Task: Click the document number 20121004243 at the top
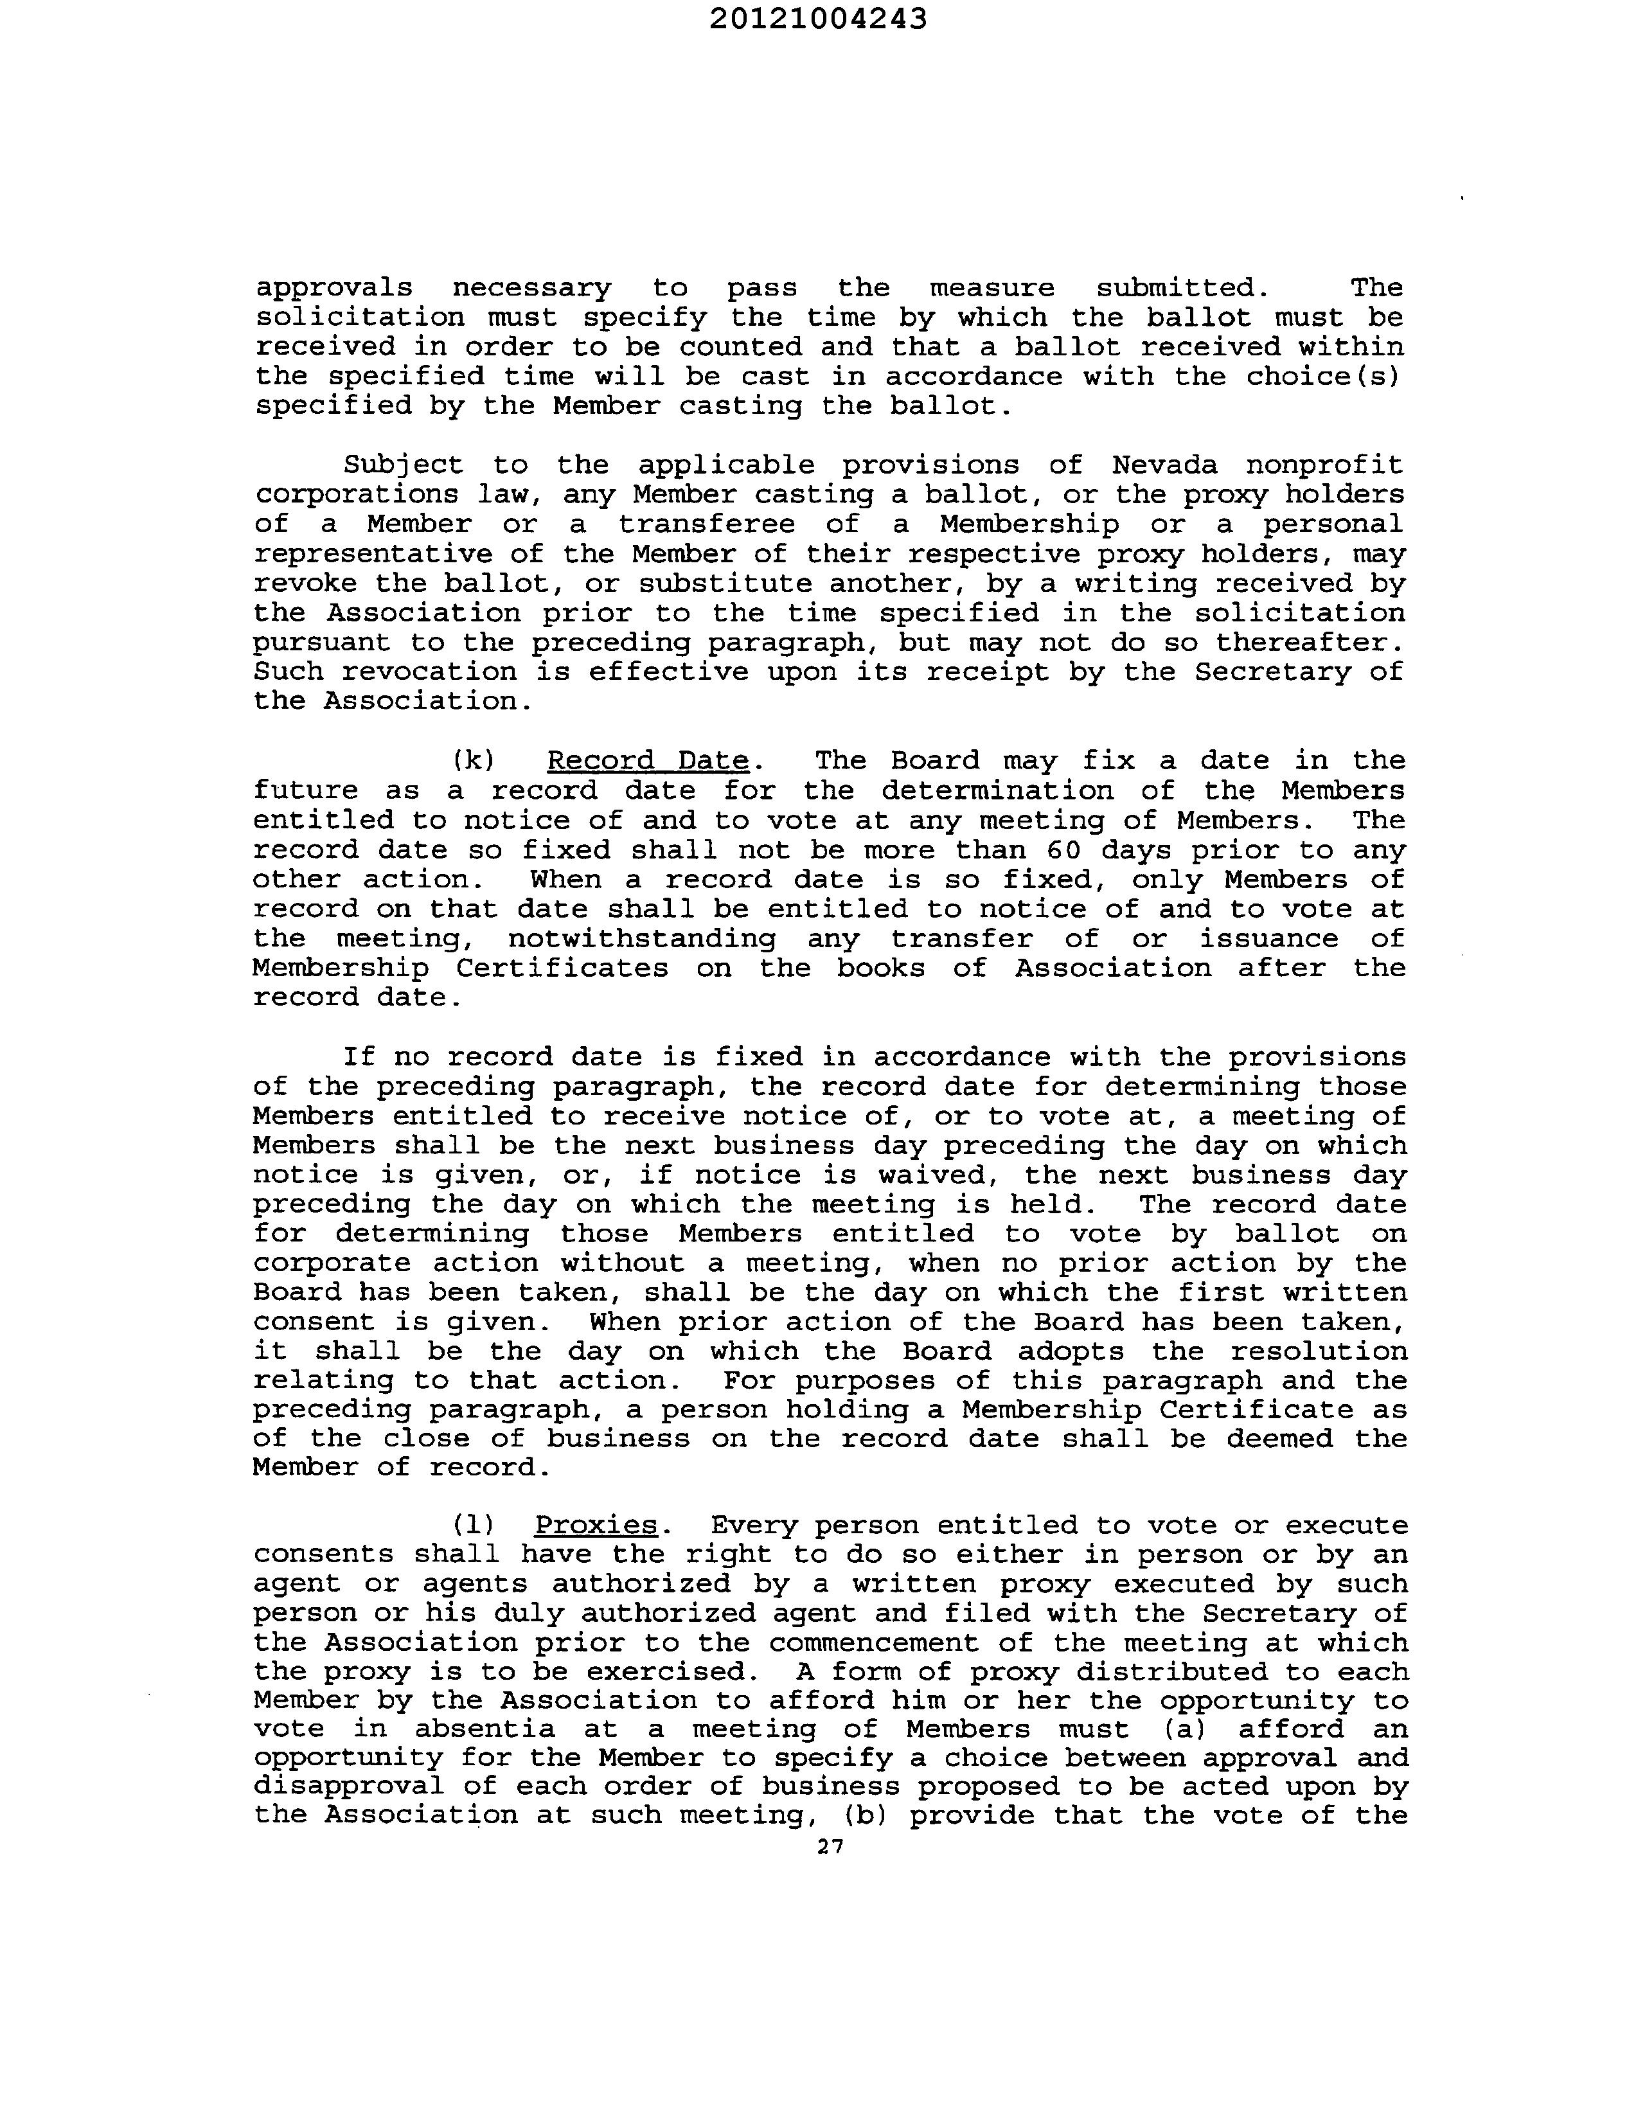[817, 19]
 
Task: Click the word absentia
[485, 1729]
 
